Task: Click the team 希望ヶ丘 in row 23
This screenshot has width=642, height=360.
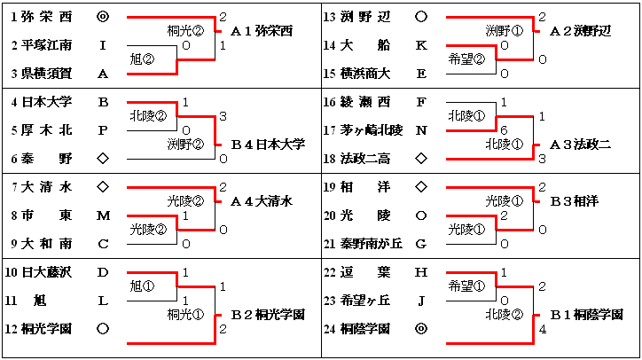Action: pyautogui.click(x=364, y=301)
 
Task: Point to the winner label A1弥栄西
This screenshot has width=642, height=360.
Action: pyautogui.click(x=261, y=31)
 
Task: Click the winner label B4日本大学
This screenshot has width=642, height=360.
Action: pyautogui.click(x=267, y=144)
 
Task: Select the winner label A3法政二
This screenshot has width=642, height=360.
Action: pyautogui.click(x=580, y=144)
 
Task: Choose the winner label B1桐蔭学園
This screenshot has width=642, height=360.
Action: pyautogui.click(x=586, y=315)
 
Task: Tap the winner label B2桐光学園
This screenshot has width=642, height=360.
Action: pyautogui.click(x=267, y=315)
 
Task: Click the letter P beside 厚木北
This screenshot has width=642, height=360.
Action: pyautogui.click(x=103, y=130)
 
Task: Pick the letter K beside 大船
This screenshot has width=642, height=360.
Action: pyautogui.click(x=421, y=44)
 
